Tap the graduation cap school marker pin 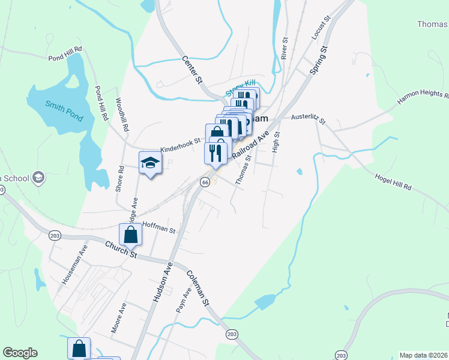(x=151, y=163)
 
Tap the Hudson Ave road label (x=162, y=281)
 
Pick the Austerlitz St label (x=307, y=119)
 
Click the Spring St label (x=318, y=60)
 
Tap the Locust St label (x=318, y=29)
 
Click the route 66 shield (x=205, y=182)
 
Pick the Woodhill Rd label (x=122, y=115)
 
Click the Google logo (x=20, y=353)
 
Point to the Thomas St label (x=243, y=171)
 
